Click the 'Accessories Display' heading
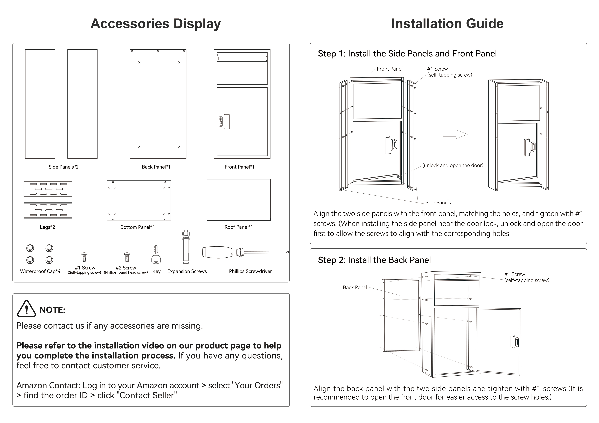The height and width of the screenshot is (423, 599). click(x=156, y=24)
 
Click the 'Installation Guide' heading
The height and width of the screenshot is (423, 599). click(x=447, y=24)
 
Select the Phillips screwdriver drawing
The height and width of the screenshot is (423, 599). click(x=245, y=252)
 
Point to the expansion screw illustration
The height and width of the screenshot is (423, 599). click(x=186, y=247)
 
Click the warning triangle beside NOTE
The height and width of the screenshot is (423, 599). click(x=26, y=309)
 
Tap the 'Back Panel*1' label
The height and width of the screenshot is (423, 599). click(x=156, y=167)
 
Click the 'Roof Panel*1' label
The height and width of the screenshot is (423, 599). click(x=238, y=227)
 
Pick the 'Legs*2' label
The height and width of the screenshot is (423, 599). click(x=47, y=227)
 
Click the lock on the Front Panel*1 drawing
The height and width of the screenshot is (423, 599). click(x=224, y=121)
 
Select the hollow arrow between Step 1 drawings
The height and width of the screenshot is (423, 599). click(x=455, y=134)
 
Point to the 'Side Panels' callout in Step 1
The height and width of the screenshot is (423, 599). click(x=438, y=202)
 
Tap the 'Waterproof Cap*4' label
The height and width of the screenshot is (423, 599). click(x=40, y=271)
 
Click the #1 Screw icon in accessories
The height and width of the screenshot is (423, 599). click(x=84, y=257)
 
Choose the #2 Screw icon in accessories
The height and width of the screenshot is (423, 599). click(x=127, y=257)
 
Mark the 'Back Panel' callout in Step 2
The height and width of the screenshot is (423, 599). click(x=355, y=287)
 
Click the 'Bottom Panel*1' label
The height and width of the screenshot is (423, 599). click(x=137, y=227)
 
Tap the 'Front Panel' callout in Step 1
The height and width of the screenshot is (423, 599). click(x=389, y=69)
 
